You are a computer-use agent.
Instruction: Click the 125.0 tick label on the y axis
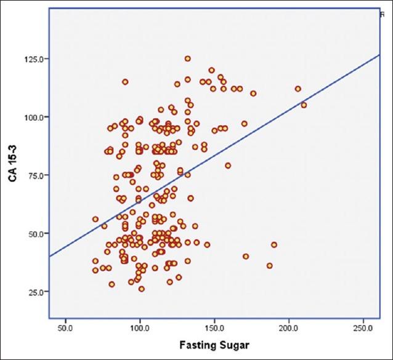point(34,59)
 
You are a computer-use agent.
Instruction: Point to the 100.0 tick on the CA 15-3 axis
point(34,117)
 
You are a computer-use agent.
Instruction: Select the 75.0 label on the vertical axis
point(35,175)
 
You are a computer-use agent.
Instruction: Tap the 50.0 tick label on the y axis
point(35,234)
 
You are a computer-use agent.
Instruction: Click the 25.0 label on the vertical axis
point(35,292)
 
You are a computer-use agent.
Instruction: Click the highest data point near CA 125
point(188,59)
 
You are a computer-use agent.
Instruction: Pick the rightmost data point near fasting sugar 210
point(304,105)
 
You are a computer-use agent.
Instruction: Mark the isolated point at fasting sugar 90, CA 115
point(125,82)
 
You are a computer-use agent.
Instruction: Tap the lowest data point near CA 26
point(142,289)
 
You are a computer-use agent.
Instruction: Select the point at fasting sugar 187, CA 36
point(269,266)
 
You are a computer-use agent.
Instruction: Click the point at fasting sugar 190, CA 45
point(274,245)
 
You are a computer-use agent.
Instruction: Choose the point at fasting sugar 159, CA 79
point(228,166)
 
